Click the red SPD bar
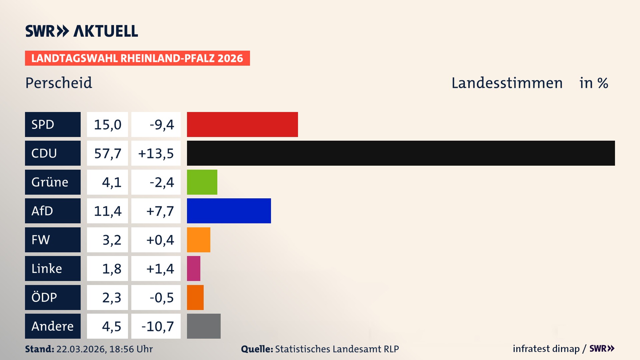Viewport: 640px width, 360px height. [242, 124]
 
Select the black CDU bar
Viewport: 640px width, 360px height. [401, 153]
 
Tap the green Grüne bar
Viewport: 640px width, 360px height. [202, 182]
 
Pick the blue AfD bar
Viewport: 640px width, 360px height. [229, 211]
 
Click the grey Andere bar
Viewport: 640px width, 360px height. [204, 326]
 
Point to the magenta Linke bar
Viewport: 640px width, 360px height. [194, 268]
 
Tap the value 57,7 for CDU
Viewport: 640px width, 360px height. [107, 153]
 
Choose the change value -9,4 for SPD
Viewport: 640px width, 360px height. [162, 125]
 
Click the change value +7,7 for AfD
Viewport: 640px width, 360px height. [160, 211]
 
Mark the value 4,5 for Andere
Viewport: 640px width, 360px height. [111, 326]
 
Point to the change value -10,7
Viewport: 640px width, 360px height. [158, 326]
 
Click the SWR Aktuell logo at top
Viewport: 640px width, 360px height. [81, 31]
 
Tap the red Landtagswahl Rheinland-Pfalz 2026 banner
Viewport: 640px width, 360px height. [137, 58]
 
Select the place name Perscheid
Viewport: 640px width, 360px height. [59, 83]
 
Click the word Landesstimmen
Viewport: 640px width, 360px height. [507, 83]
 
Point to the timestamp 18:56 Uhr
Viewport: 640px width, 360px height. [131, 349]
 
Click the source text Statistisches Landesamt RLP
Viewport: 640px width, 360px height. [337, 349]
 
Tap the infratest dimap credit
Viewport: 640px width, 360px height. [546, 349]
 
